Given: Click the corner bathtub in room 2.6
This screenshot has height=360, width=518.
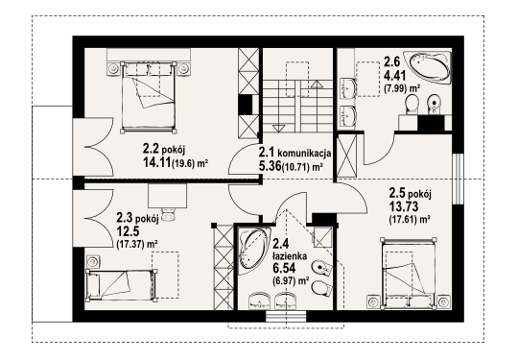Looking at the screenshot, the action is pos(431,68).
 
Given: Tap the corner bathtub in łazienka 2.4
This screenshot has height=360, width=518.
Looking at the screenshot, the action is pos(253,251).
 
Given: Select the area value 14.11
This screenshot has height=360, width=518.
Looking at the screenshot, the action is pos(156,162).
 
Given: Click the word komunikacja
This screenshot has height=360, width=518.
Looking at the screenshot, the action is pos(304,153).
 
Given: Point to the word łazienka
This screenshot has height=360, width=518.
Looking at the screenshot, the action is pos(290,255).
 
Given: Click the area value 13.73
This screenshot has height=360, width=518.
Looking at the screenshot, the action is pos(403,206).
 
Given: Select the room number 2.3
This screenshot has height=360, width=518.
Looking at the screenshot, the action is pos(126,217).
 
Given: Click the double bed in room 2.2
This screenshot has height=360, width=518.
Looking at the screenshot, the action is pos(149,97).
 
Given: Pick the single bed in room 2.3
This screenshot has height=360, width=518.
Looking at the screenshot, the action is pos(121,284).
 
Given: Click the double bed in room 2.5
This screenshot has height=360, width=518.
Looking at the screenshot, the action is pos(408,273).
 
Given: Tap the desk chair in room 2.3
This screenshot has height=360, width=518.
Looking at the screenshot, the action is pos(168,214).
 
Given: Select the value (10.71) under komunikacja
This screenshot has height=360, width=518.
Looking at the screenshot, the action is pos(295,167).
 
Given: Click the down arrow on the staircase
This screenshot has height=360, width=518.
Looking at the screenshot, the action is pos(278,128).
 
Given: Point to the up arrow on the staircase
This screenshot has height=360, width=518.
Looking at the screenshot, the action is pos(317,84).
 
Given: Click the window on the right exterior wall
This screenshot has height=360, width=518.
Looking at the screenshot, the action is pos(458,179).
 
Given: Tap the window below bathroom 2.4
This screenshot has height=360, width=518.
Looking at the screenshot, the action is pos(286,316).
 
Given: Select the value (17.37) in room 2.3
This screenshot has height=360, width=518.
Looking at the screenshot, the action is pos(130,244).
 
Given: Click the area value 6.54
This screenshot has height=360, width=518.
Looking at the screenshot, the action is pos(284,268).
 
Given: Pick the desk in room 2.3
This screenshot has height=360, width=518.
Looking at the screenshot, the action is pos(168,196).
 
